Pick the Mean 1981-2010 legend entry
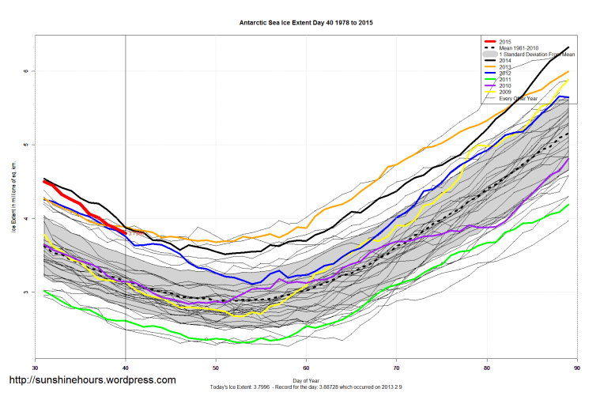click(519, 47)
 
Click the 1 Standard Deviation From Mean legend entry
click(537, 54)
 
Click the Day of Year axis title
click(306, 380)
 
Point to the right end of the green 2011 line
click(569, 205)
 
